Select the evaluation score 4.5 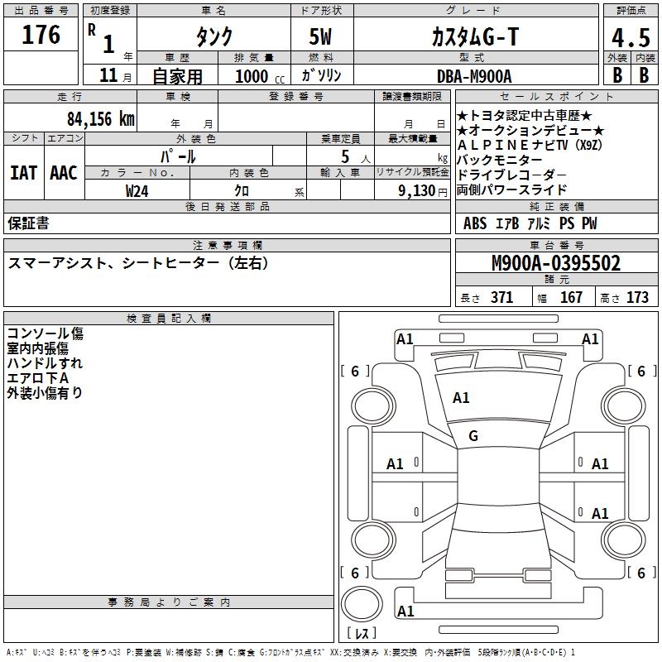(631, 39)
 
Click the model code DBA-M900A (473, 76)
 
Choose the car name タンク (213, 37)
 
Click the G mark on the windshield (473, 436)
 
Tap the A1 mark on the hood (461, 398)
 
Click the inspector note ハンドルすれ (45, 363)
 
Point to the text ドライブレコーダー (511, 175)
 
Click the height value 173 (637, 298)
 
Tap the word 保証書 (28, 223)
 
